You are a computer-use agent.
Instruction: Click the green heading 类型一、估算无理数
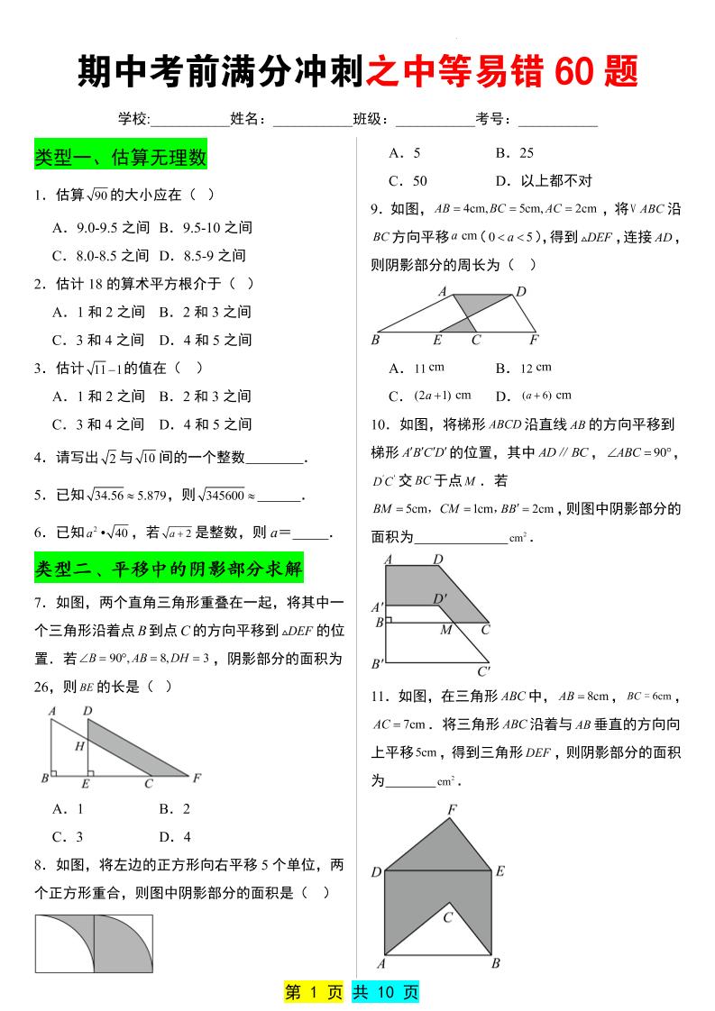121,158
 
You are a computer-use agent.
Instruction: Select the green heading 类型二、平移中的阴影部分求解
169,569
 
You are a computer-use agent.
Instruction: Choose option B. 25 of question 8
515,153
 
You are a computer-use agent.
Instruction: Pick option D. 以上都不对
544,181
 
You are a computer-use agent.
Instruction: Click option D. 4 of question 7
175,836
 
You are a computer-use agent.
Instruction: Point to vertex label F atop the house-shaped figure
452,810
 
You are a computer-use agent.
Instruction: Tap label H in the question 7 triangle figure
79,745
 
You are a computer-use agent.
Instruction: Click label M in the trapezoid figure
445,630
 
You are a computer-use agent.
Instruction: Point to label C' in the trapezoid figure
484,670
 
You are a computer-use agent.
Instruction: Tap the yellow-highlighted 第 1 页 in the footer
314,992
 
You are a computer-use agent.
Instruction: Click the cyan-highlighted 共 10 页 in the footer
385,992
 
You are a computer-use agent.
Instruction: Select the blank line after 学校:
189,119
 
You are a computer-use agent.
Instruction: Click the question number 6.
39,533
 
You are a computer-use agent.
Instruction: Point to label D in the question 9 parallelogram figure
520,292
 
